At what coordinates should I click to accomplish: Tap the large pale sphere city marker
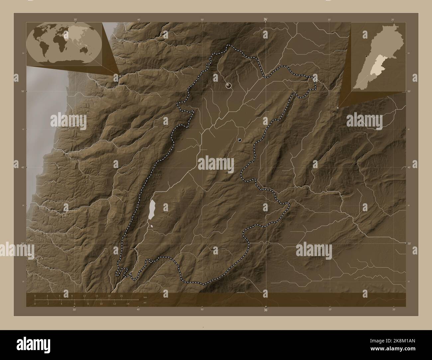(x=228, y=85)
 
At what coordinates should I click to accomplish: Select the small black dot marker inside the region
(x=240, y=140)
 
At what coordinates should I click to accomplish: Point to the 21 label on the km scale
(x=122, y=296)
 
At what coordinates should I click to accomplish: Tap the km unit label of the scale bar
(x=145, y=297)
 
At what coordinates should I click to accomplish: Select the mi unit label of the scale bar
(x=145, y=303)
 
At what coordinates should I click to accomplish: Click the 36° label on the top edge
(x=266, y=20)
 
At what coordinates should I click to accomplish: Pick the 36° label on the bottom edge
(x=266, y=310)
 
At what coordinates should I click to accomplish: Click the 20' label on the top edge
(x=393, y=20)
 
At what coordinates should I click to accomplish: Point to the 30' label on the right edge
(x=409, y=243)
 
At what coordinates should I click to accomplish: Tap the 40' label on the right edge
(x=409, y=167)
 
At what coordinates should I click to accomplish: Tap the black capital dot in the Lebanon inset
(x=366, y=56)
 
